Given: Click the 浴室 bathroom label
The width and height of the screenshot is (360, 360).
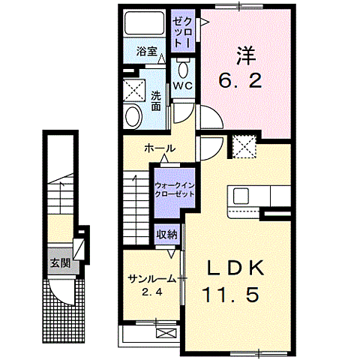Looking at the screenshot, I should [147, 52].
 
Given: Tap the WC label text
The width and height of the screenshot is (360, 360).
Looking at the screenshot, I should [183, 86].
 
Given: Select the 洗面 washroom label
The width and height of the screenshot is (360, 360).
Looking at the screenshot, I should [155, 100].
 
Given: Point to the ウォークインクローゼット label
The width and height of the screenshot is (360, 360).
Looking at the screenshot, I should [174, 188].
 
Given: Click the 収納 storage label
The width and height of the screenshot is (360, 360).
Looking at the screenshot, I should [166, 234].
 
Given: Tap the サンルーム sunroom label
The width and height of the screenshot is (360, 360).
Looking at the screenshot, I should [151, 278].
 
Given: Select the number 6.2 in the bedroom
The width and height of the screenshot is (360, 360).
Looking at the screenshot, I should [241, 80].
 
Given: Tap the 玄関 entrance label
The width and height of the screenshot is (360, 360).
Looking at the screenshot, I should [61, 263].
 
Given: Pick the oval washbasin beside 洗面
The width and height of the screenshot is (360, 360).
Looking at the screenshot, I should [133, 116].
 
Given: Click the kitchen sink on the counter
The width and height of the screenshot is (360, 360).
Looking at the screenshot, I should [241, 196].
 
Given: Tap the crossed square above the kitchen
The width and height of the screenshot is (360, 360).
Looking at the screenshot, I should [244, 146].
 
